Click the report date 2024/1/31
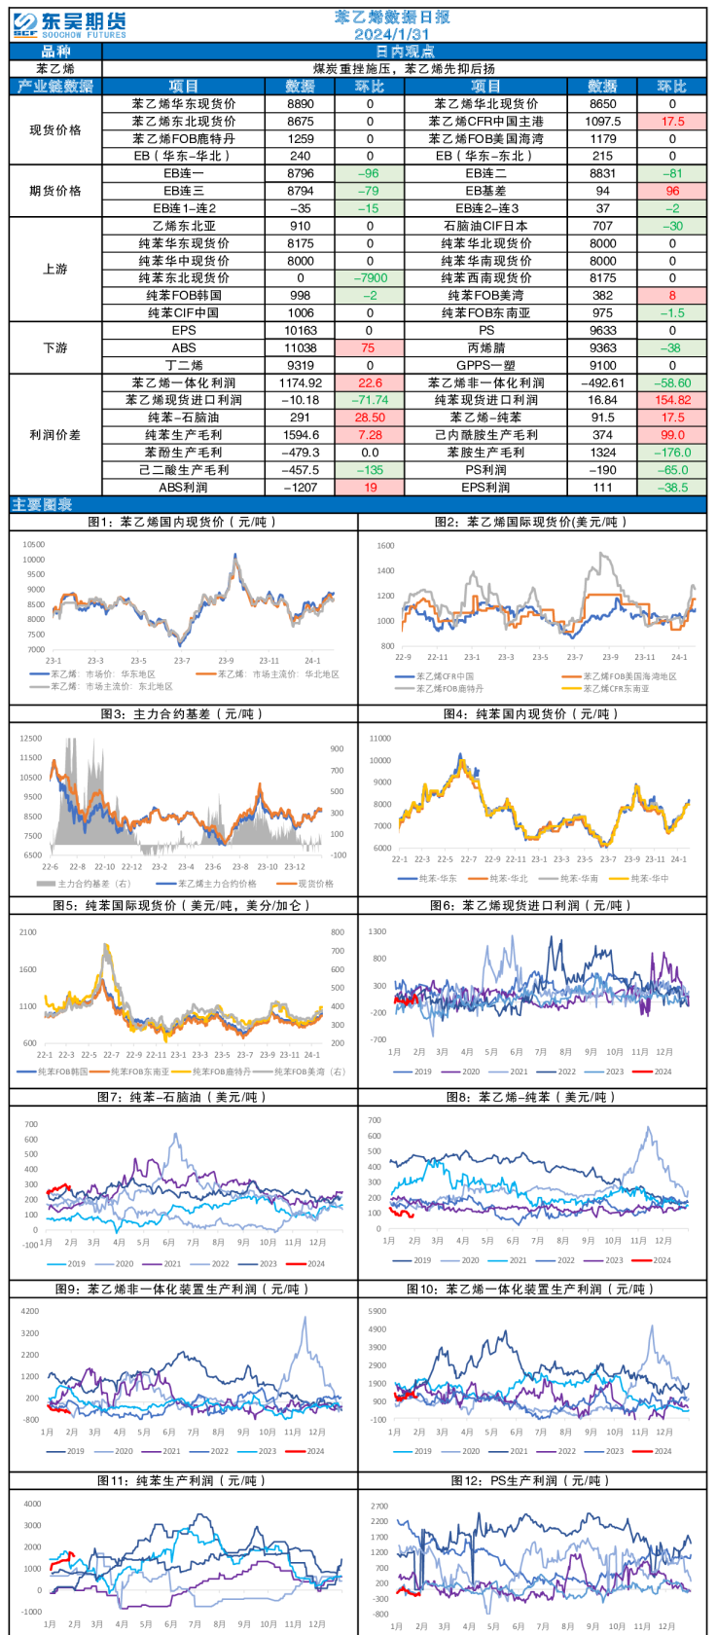tap(391, 34)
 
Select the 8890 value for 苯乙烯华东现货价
tap(301, 104)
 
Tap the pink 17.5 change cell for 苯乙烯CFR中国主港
tap(672, 122)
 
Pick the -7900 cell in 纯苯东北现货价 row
tap(370, 278)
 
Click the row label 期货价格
tap(55, 191)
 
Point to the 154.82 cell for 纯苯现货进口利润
tap(672, 400)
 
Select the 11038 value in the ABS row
tap(301, 347)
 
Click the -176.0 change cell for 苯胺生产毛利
tap(672, 453)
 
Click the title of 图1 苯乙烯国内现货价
tap(183, 523)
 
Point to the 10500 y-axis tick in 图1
tap(34, 544)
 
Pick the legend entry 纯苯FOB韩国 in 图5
tap(62, 1072)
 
